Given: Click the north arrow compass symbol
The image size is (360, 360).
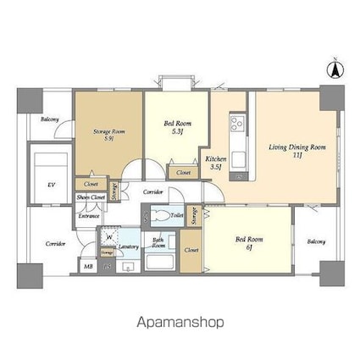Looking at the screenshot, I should (x=335, y=70).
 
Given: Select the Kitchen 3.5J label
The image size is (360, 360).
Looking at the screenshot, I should (x=214, y=163).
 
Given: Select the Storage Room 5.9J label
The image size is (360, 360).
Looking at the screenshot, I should (x=108, y=135).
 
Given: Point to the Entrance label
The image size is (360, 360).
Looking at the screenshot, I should (x=89, y=216).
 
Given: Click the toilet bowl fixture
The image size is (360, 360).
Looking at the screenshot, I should (x=158, y=218).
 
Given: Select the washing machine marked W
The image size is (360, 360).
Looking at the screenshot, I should (x=109, y=237).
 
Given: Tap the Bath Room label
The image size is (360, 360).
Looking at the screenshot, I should (x=158, y=242).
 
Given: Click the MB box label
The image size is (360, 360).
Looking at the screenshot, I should (x=88, y=267).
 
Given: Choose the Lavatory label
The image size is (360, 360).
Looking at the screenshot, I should (x=129, y=246).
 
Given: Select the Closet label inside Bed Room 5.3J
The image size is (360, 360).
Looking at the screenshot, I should (x=183, y=173).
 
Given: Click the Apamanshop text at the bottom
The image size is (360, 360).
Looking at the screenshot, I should (x=180, y=322).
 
